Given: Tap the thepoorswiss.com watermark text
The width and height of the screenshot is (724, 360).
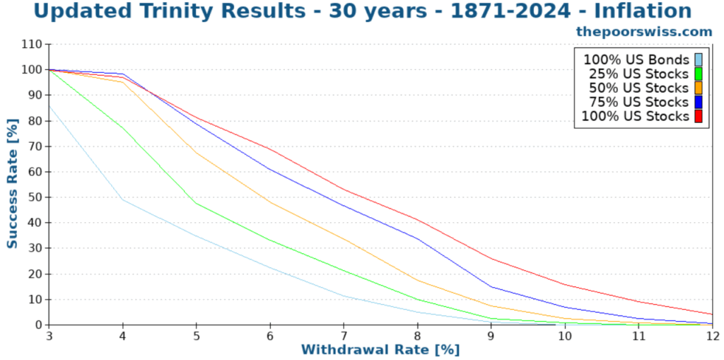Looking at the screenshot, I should pos(643,31).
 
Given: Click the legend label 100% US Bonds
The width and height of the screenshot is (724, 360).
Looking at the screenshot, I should pos(636,59).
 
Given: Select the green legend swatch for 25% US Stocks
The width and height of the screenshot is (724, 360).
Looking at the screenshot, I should pos(699,74).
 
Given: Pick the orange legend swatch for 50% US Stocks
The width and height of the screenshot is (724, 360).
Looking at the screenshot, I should pos(699,88).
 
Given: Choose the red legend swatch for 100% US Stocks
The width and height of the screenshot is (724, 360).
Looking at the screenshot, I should pos(699,116).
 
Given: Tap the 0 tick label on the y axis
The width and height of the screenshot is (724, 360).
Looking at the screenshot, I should pos(39,325).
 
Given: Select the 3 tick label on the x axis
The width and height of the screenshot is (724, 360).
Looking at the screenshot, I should pos(49,335).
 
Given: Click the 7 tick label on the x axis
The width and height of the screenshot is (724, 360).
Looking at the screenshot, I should pos(344,335).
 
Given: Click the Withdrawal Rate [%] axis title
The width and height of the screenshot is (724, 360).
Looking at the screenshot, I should pos(380,349).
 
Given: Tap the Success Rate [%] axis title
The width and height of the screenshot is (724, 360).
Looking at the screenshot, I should pos(12,185).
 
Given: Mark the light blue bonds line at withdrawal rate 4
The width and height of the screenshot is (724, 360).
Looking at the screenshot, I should pos(123,199).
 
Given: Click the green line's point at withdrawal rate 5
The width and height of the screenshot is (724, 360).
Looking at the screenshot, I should pos(197,203).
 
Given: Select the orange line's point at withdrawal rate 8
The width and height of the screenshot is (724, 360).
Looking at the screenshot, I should pos(417,280).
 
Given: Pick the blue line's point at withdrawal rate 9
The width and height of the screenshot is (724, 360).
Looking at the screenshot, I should pos(491,286).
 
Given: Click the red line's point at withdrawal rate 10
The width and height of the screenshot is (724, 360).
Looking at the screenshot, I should pos(565,284).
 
